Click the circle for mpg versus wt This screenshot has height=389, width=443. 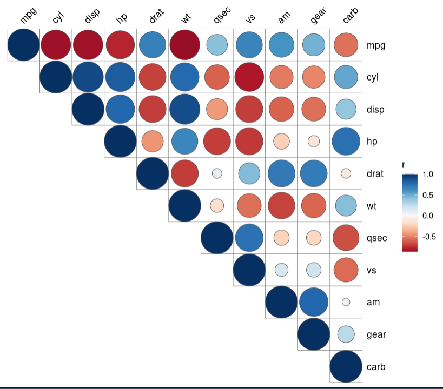184,45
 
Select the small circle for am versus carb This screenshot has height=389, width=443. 346,302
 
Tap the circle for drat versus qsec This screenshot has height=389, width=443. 217,173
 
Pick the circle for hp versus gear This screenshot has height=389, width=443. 314,142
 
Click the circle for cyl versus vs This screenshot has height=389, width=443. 249,77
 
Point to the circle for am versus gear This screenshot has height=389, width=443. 314,302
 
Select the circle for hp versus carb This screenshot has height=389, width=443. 346,142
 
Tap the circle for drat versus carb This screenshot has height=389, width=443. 346,173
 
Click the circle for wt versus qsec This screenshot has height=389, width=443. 217,206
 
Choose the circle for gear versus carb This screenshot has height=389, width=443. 346,334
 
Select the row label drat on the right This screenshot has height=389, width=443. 375,174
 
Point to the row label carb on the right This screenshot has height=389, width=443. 376,367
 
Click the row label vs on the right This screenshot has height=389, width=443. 372,270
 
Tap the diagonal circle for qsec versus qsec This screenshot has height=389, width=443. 217,238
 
